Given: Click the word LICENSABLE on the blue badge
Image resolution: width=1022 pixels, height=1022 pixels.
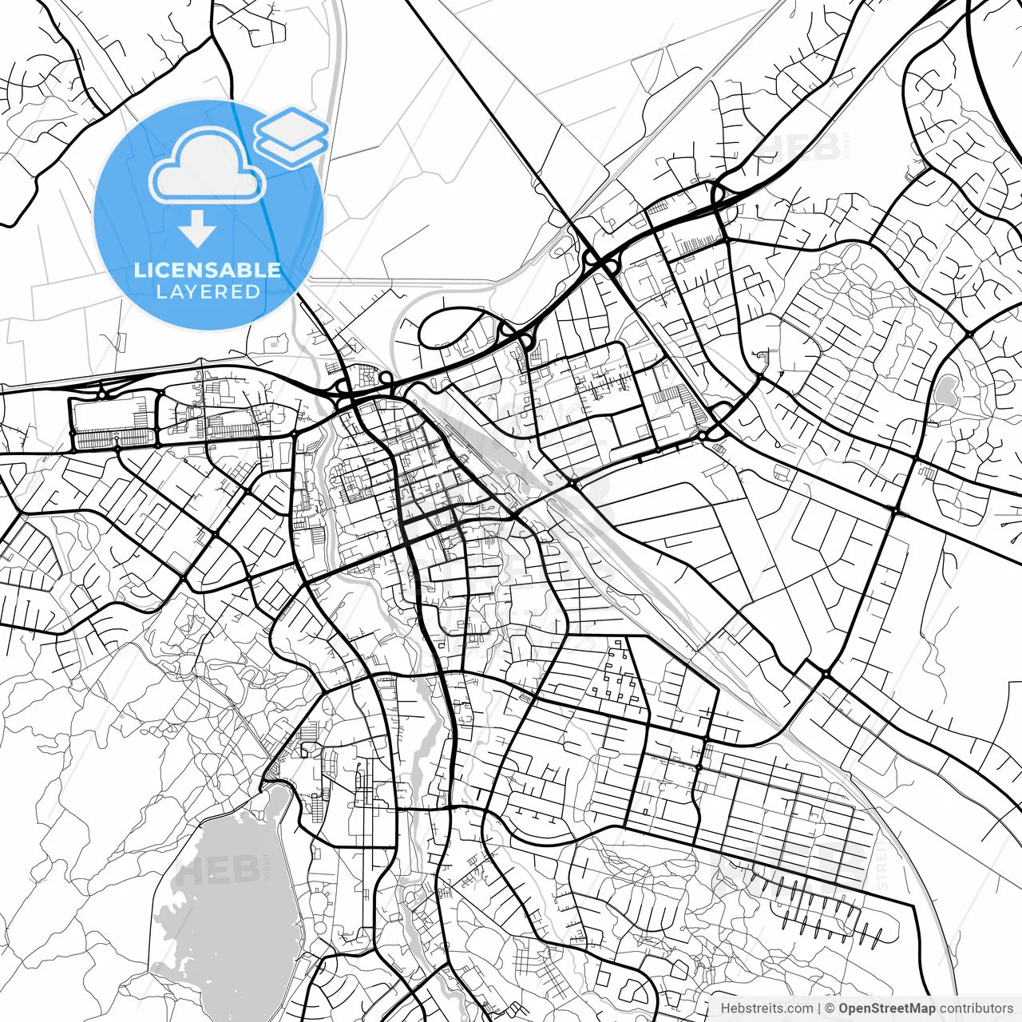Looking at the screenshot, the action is [208, 270].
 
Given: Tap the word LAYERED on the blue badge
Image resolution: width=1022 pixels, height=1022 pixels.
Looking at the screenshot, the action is [208, 292].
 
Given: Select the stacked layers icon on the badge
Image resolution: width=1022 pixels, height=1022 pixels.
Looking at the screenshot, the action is [291, 136].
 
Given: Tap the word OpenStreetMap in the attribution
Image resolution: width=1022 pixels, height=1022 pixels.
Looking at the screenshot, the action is [886, 1008].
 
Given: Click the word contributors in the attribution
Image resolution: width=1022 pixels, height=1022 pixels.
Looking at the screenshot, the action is [975, 1008].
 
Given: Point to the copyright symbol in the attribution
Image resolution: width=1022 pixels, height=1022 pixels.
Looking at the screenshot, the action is [830, 1008].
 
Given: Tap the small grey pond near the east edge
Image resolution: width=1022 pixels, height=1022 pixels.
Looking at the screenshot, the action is [946, 390].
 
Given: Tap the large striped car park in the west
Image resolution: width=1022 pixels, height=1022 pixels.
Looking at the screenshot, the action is [112, 423].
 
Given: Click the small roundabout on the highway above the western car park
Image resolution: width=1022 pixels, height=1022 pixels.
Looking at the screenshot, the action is [102, 394].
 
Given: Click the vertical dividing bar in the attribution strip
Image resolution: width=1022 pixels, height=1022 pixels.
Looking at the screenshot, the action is [819, 1008].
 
